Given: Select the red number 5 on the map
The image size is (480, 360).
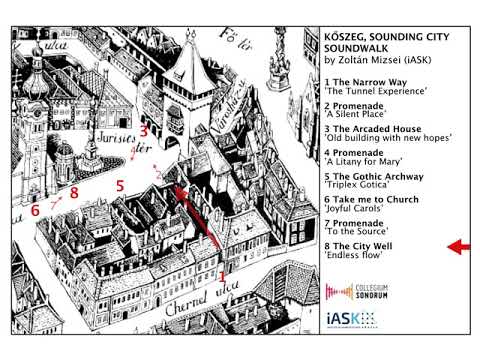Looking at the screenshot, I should pyautogui.click(x=119, y=186).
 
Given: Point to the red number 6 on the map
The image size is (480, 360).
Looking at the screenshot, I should pyautogui.click(x=35, y=211).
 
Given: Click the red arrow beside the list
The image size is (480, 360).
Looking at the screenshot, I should pyautogui.click(x=459, y=246).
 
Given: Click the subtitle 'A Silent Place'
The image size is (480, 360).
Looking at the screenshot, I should pyautogui.click(x=361, y=114).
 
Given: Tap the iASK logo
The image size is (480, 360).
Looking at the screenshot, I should pyautogui.click(x=350, y=319).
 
